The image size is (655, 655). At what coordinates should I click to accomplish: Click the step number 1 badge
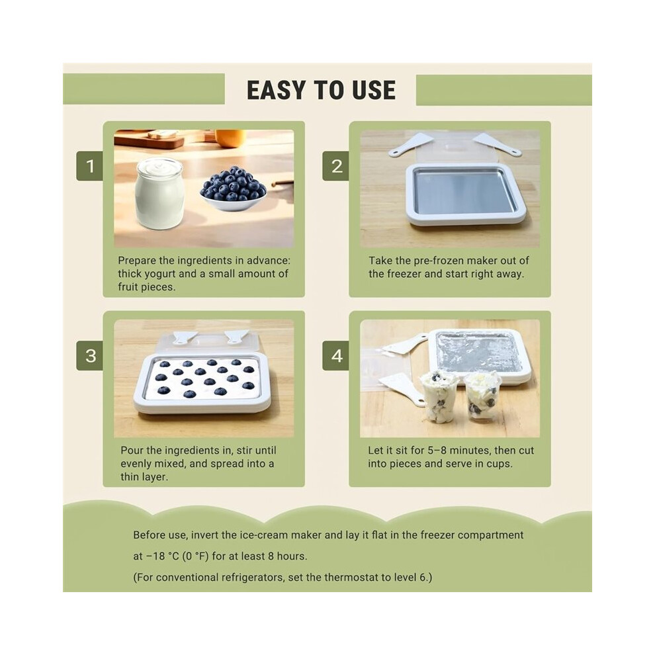point(89,166)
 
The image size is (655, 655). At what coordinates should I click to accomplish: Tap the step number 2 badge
point(336,166)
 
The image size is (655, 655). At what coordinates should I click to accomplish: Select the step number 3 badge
point(89,356)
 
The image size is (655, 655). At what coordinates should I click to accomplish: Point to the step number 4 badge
point(336,356)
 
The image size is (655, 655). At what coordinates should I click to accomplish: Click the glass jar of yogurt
point(159,194)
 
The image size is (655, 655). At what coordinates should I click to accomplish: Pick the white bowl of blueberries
point(233,190)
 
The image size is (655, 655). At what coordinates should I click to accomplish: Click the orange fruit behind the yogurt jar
point(230,138)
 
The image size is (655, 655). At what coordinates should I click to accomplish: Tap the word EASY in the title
point(276,90)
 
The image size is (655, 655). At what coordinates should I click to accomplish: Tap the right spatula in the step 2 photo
point(498,144)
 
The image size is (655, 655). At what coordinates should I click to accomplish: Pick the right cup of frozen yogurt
point(482,397)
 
